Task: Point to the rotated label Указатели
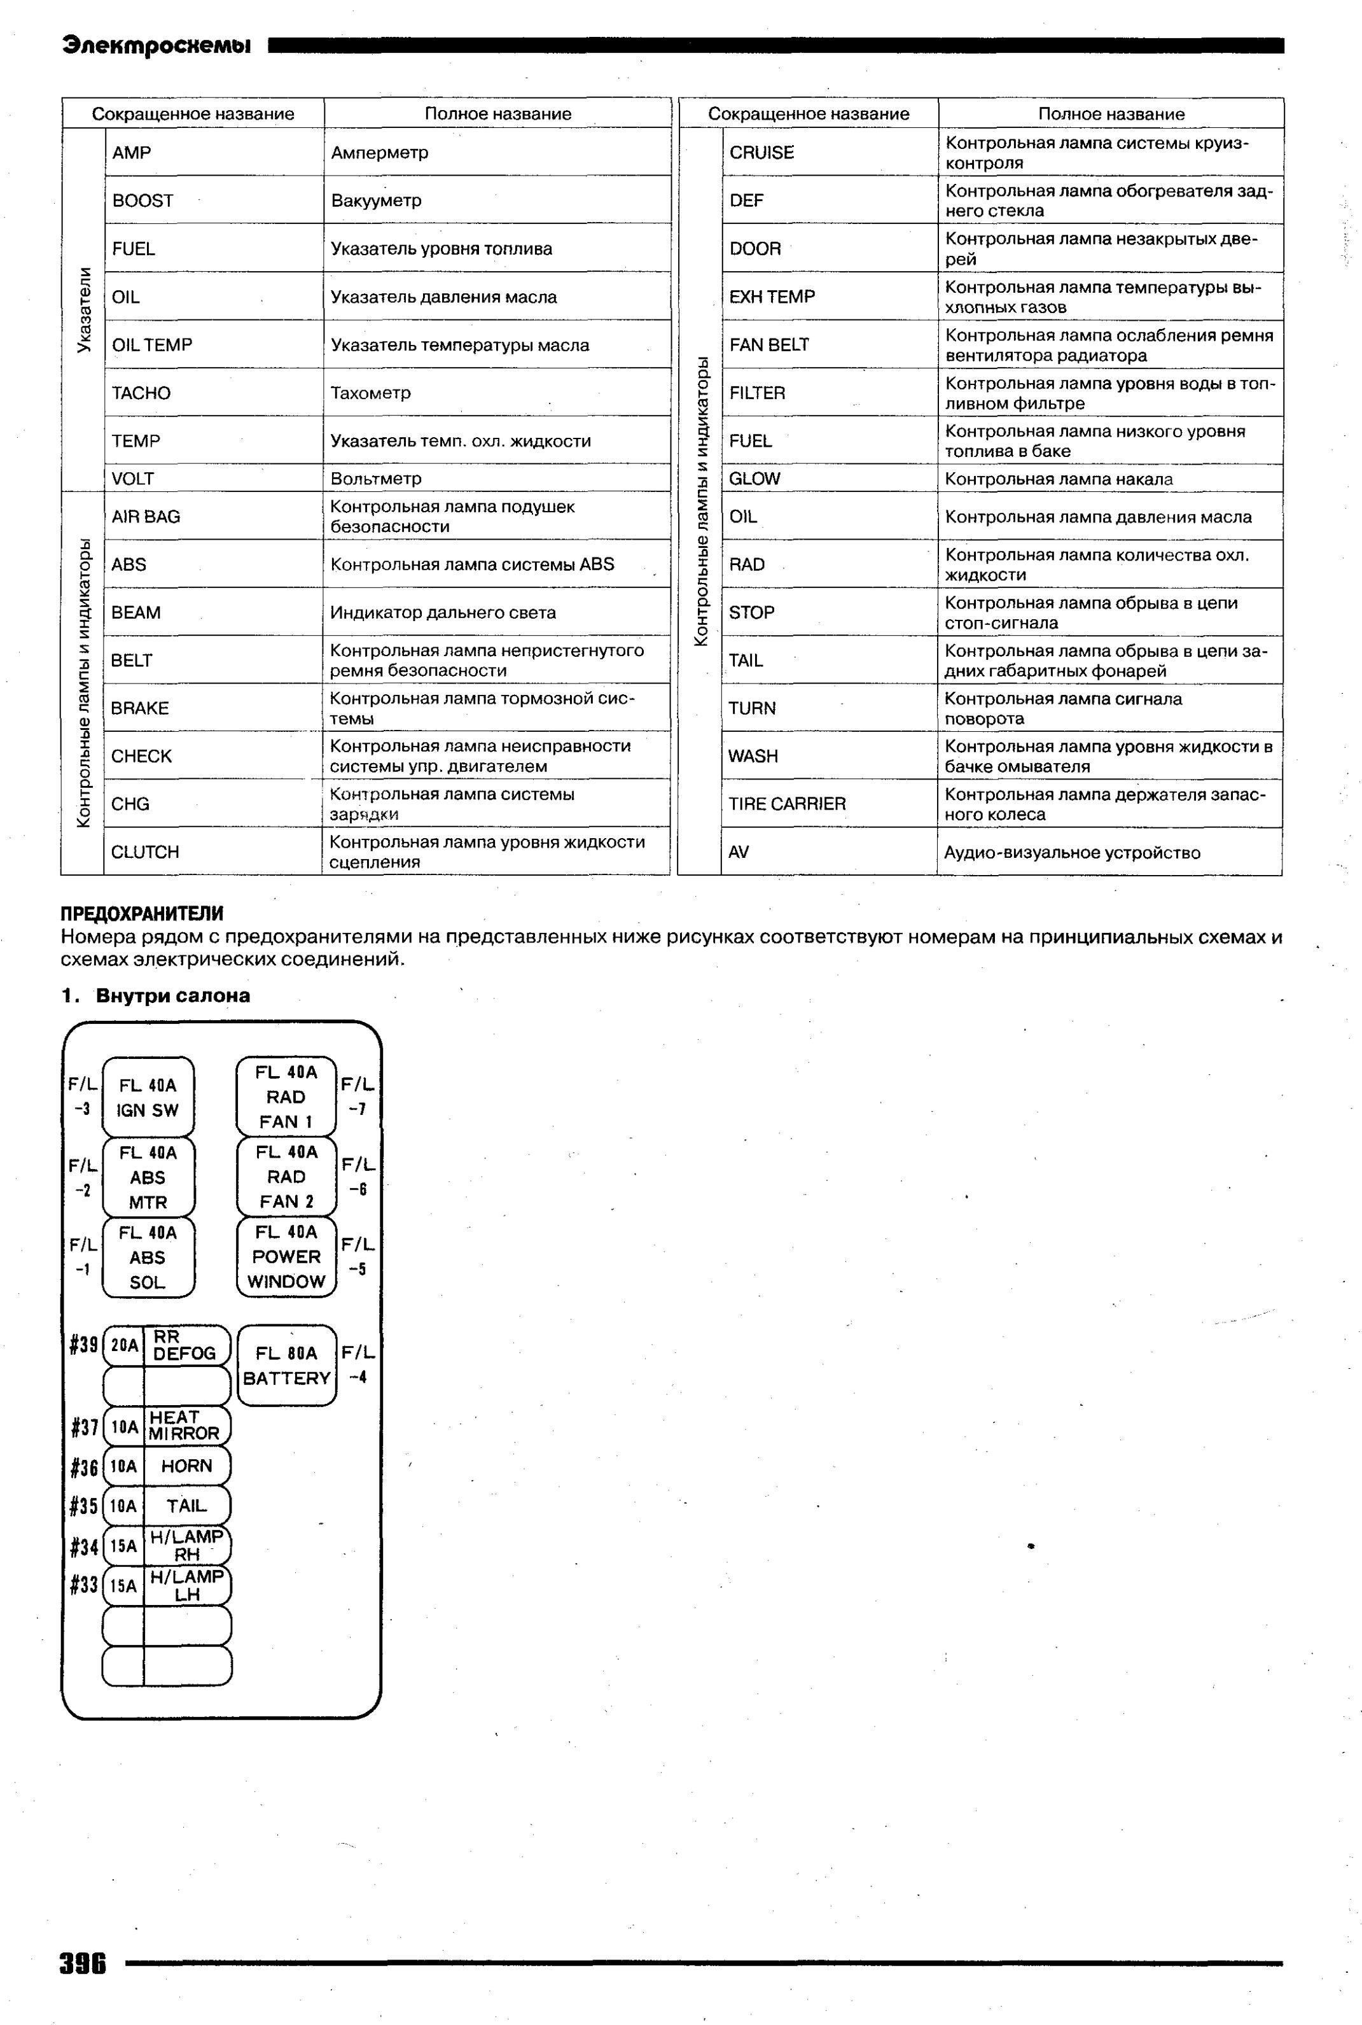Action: [84, 310]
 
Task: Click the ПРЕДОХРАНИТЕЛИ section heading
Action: [142, 914]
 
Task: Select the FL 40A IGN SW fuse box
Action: [148, 1097]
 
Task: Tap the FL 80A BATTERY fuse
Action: [287, 1366]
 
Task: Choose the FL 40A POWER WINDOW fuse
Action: [287, 1256]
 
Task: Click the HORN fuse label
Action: [187, 1466]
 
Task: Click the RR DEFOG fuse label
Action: [184, 1346]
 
